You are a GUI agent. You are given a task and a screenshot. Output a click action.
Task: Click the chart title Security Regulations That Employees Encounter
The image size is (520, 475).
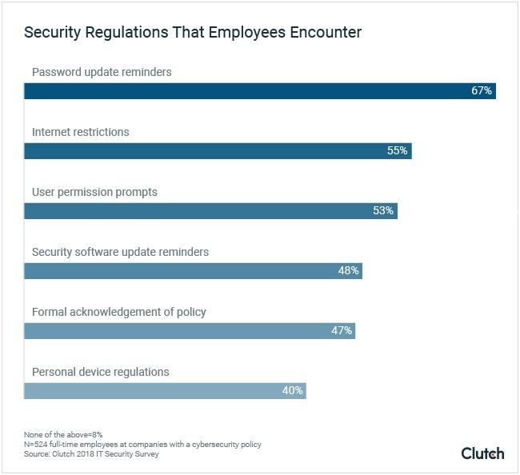(193, 33)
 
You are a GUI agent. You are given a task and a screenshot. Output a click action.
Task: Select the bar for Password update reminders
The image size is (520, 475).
(260, 91)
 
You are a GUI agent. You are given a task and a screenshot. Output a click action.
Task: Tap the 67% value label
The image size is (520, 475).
(481, 91)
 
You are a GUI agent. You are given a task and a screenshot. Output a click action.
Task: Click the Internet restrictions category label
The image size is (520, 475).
(80, 132)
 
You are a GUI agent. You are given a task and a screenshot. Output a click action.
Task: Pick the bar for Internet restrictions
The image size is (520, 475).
(218, 151)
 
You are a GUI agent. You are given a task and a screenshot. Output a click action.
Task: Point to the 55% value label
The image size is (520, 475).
(397, 151)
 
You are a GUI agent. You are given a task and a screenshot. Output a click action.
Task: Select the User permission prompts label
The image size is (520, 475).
(94, 192)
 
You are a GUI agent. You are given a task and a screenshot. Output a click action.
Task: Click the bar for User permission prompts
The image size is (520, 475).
(210, 211)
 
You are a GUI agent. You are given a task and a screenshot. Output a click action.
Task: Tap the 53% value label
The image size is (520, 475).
(382, 211)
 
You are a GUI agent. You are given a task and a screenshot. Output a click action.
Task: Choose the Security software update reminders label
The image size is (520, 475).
(120, 252)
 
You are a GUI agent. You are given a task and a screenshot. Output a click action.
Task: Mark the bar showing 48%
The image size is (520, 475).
(193, 271)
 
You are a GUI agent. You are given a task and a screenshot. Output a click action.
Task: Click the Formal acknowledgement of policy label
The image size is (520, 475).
(119, 312)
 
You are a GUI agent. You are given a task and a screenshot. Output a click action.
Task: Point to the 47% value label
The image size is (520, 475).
(342, 330)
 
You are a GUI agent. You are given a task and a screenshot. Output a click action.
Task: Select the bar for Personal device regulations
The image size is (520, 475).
(165, 390)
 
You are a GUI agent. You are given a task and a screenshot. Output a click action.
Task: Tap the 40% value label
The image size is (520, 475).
(292, 390)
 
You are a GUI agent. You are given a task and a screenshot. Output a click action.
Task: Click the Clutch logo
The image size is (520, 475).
(482, 453)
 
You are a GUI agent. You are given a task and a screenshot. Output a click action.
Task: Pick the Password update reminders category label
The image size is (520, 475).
(102, 73)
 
